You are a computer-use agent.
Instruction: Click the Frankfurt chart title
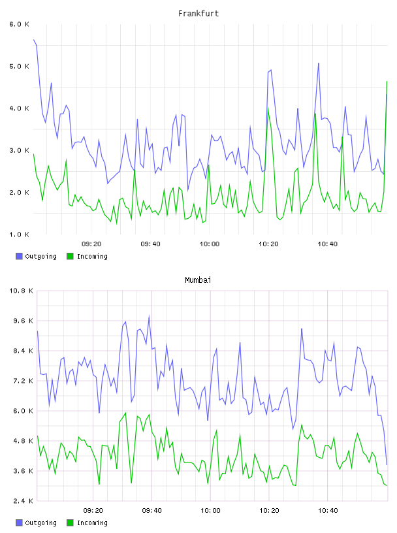[198, 14]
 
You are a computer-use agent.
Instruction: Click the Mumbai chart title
[198, 280]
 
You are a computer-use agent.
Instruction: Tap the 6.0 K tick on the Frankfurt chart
[19, 24]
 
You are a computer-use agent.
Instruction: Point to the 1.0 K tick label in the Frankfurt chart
[19, 234]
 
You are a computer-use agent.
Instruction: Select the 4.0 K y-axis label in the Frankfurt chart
[19, 108]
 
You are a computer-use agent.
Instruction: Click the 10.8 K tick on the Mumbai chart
[21, 291]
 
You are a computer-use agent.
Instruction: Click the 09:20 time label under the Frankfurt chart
[91, 244]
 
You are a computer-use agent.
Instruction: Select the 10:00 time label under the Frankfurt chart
[210, 244]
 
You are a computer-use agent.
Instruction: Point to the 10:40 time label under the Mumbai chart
[328, 511]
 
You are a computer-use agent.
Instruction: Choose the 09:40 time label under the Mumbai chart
[151, 511]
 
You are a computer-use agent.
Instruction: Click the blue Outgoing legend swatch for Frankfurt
[19, 256]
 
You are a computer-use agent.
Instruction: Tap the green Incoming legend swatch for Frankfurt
[70, 256]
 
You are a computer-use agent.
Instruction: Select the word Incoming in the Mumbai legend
[92, 523]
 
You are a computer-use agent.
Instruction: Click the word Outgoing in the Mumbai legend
[40, 523]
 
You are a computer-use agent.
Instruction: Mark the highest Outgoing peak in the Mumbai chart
[149, 315]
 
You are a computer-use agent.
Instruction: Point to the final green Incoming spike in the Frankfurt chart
[387, 82]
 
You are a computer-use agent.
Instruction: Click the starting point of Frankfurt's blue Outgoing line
[34, 40]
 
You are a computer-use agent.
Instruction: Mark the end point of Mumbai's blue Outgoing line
[387, 464]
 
